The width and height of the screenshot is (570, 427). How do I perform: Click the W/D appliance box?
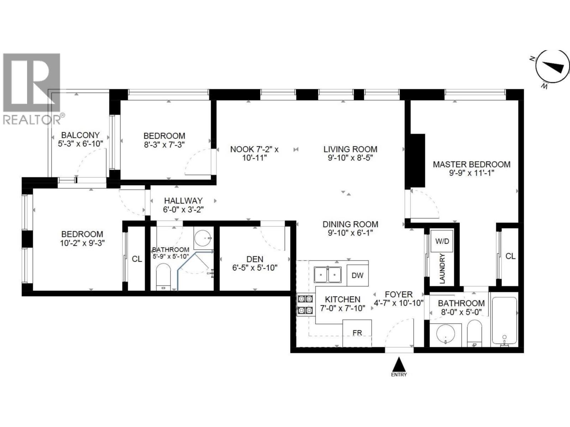point(442,241)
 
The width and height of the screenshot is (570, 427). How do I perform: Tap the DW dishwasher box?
point(357,275)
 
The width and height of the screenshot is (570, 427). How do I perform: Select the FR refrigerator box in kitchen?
point(357,333)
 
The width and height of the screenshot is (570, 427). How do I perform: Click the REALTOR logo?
point(31,89)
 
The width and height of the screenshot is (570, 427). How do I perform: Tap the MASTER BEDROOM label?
point(471,164)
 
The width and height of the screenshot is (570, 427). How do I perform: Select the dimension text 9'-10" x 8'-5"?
point(350,158)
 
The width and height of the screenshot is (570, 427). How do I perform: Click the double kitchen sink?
point(327,275)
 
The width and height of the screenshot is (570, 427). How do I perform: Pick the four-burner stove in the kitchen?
point(306,305)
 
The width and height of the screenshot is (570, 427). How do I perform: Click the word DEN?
point(255,259)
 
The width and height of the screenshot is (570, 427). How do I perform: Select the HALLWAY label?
point(183,201)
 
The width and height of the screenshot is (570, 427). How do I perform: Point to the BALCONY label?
point(80,135)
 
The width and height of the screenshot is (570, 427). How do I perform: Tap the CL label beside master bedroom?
point(510,256)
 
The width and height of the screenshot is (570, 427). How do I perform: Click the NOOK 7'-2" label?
point(254,149)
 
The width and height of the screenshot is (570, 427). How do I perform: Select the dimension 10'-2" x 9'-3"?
point(82,243)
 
